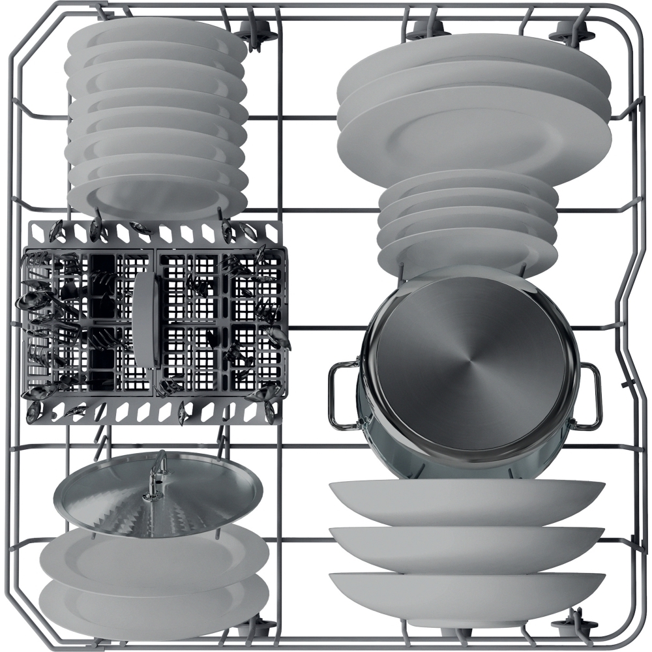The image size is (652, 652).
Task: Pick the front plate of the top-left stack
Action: pos(156,196)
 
